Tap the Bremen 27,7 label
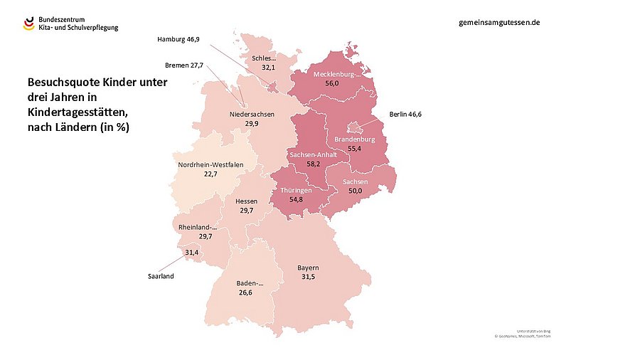pyautogui.click(x=184, y=65)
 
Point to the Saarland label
pyautogui.click(x=160, y=275)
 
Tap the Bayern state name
pyautogui.click(x=307, y=268)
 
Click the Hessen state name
pyautogui.click(x=246, y=201)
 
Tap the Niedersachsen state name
pyautogui.click(x=252, y=114)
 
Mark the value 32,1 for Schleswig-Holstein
pyautogui.click(x=268, y=67)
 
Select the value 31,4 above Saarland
pyautogui.click(x=191, y=253)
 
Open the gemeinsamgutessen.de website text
pyautogui.click(x=500, y=22)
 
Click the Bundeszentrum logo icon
pyautogui.click(x=28, y=23)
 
